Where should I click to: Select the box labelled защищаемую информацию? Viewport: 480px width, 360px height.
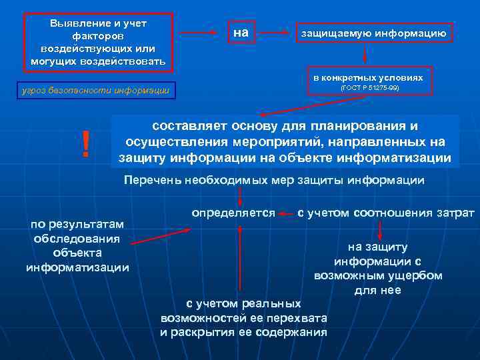click(x=373, y=32)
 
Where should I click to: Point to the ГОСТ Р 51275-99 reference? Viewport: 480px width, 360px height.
click(x=369, y=88)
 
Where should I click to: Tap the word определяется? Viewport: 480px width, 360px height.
click(x=233, y=213)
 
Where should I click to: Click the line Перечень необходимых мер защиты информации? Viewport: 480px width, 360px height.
click(x=274, y=180)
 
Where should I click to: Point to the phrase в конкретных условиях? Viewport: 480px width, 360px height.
click(x=369, y=77)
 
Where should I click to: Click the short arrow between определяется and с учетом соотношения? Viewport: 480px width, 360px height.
click(x=287, y=214)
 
